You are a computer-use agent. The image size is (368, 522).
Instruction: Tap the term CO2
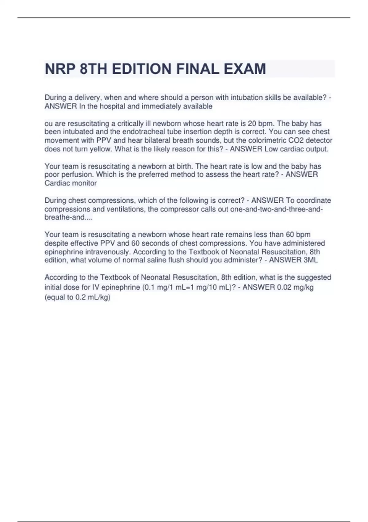pyautogui.click(x=302, y=140)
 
